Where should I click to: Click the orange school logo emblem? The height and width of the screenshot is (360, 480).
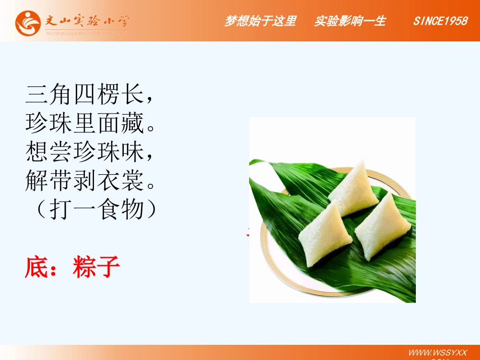[x=27, y=23]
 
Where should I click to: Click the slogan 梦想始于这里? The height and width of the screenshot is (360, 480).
[x=260, y=21]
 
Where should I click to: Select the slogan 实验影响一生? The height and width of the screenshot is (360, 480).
[x=350, y=21]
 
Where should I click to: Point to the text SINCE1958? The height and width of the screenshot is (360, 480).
[x=440, y=21]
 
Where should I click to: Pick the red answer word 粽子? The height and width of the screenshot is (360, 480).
[x=97, y=267]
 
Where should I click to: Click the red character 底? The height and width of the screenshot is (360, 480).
[x=36, y=267]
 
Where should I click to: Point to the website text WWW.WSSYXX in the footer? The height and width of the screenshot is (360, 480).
[x=438, y=352]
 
